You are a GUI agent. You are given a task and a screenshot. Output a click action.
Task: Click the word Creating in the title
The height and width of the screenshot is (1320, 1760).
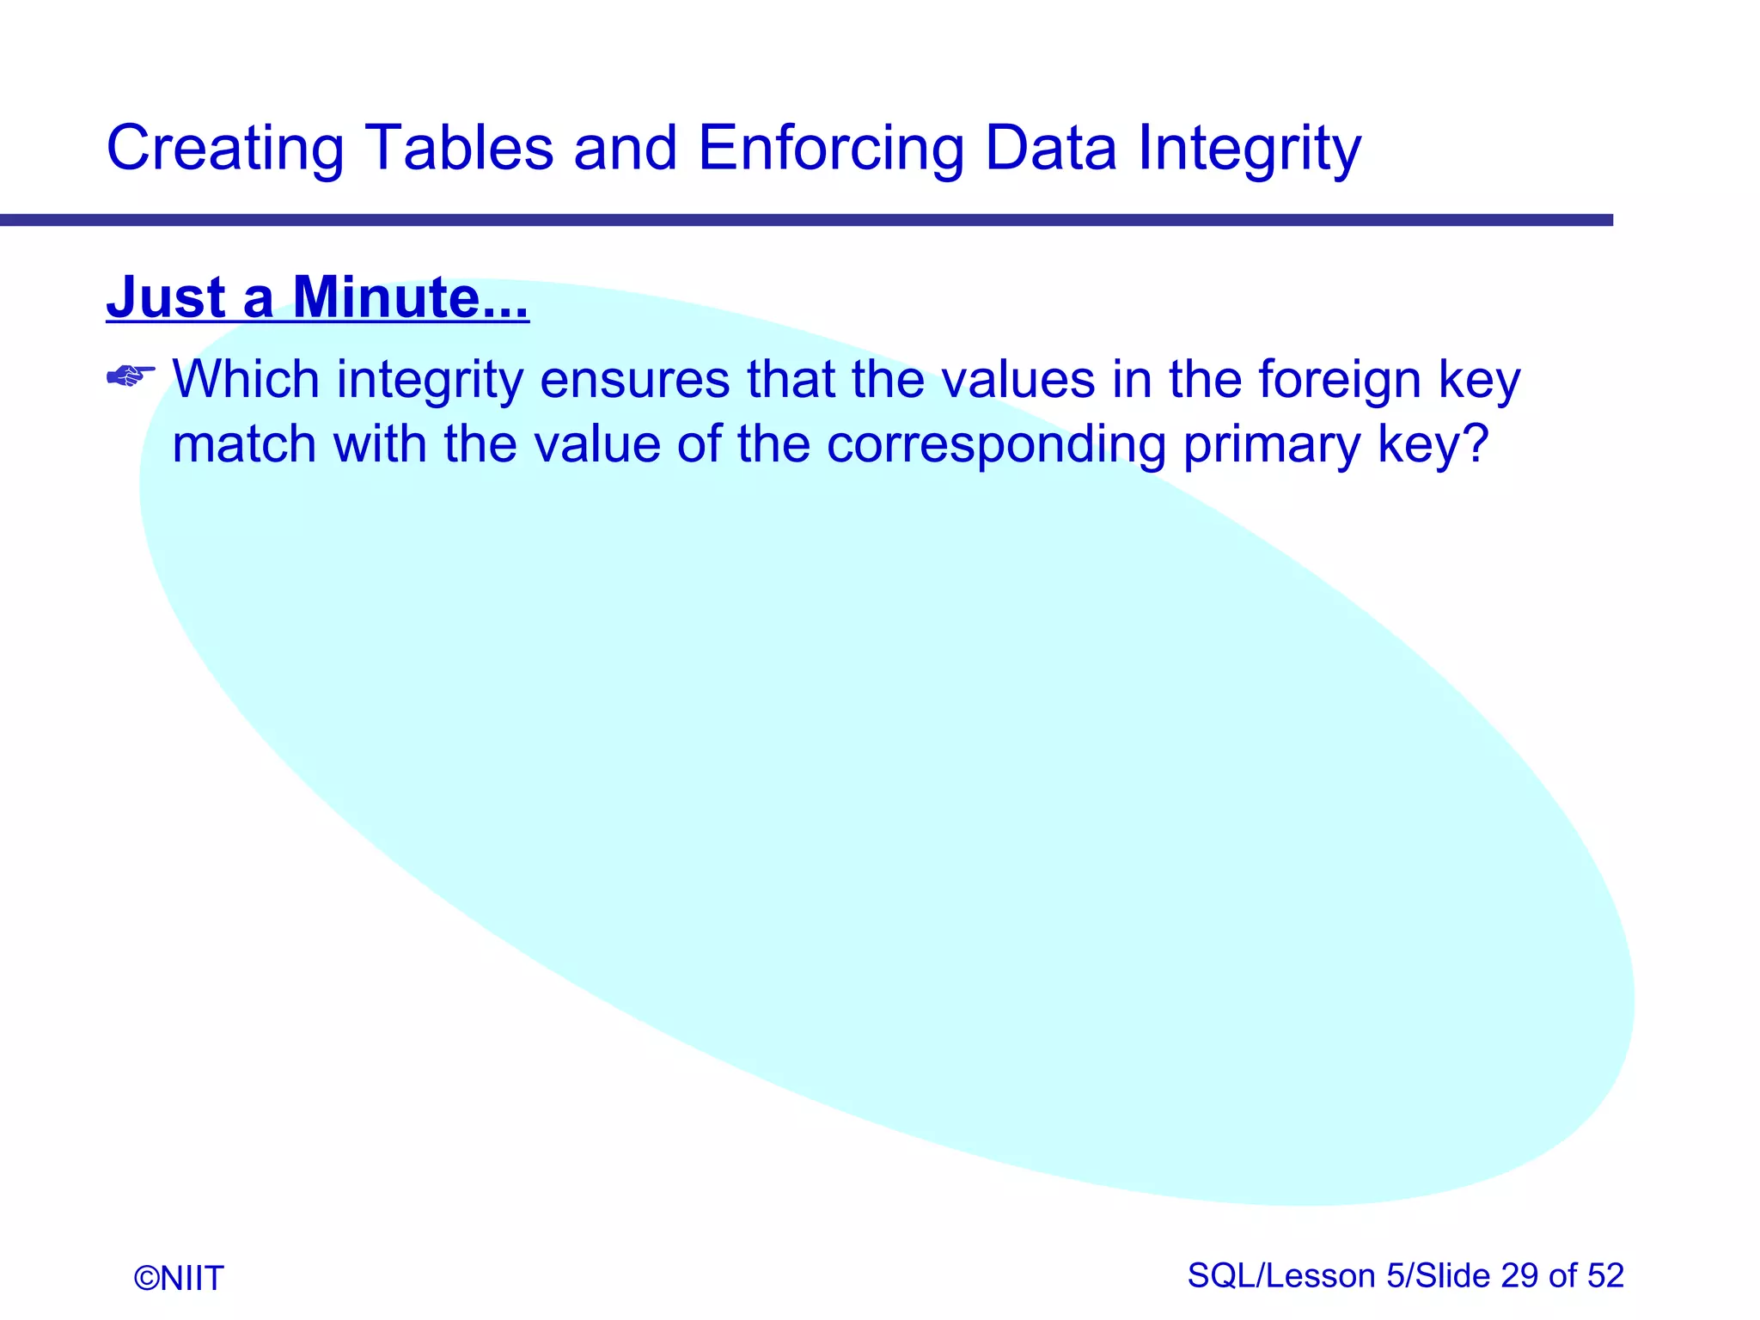point(225,149)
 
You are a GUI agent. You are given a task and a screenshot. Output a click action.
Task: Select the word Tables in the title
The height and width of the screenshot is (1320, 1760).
point(459,149)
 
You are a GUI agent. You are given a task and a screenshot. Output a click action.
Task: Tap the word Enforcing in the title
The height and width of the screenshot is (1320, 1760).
point(830,149)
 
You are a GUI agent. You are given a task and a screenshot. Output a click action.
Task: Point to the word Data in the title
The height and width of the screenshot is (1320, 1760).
point(1051,149)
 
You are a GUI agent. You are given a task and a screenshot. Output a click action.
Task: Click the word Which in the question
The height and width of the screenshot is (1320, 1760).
point(246,379)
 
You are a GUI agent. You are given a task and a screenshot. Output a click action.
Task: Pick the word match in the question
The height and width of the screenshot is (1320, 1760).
point(245,444)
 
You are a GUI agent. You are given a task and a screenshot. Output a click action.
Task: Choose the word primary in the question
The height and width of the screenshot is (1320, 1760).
point(1272,444)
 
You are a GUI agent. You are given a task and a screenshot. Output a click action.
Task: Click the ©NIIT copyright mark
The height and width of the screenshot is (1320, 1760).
point(179,1279)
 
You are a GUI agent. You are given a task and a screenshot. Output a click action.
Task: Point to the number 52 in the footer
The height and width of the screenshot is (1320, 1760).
point(1605,1276)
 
